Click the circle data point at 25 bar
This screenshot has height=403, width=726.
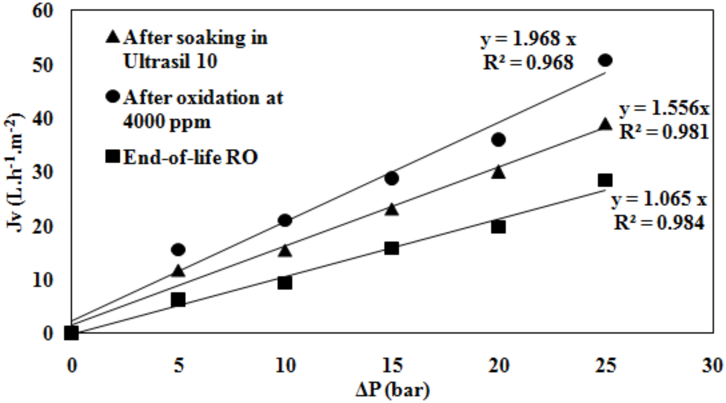click(x=605, y=60)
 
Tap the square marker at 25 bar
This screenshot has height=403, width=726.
click(x=605, y=180)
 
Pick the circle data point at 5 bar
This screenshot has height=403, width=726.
click(x=178, y=249)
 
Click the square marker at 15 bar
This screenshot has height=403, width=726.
click(x=392, y=248)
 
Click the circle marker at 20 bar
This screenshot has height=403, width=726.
click(x=499, y=140)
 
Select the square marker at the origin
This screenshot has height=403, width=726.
click(x=71, y=333)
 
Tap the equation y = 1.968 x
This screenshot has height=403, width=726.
click(x=528, y=39)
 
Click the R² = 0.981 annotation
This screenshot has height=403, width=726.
click(x=664, y=132)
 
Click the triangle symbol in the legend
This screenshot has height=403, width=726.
click(x=112, y=37)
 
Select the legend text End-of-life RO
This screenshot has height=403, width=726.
click(x=191, y=157)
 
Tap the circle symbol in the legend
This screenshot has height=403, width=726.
click(x=112, y=97)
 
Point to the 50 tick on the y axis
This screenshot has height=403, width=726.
click(x=43, y=65)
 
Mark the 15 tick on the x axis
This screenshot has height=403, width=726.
click(x=392, y=366)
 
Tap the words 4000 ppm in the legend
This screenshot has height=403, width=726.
click(x=167, y=121)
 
